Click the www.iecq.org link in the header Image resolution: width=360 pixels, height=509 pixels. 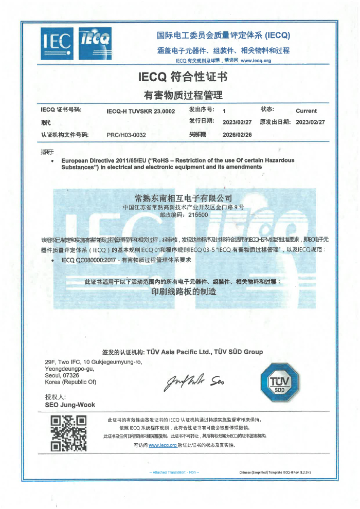coord(256,60)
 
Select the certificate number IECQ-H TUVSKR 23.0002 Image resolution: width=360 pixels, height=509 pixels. coord(140,111)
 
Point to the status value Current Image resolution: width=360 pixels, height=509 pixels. coord(306,111)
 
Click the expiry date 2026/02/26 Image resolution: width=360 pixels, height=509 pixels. coord(237,135)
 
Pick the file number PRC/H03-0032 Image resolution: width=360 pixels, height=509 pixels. coord(127,135)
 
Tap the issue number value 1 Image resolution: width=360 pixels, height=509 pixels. coord(224,111)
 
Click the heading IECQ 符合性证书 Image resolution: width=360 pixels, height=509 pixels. coord(183,77)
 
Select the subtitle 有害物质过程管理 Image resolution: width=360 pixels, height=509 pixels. coord(183,95)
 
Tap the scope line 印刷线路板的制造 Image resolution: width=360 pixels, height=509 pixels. coord(183,292)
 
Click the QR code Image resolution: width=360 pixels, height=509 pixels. coord(68,433)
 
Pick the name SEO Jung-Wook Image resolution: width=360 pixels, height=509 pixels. coord(66,405)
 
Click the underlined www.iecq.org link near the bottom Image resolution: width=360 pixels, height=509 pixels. coord(163,445)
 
